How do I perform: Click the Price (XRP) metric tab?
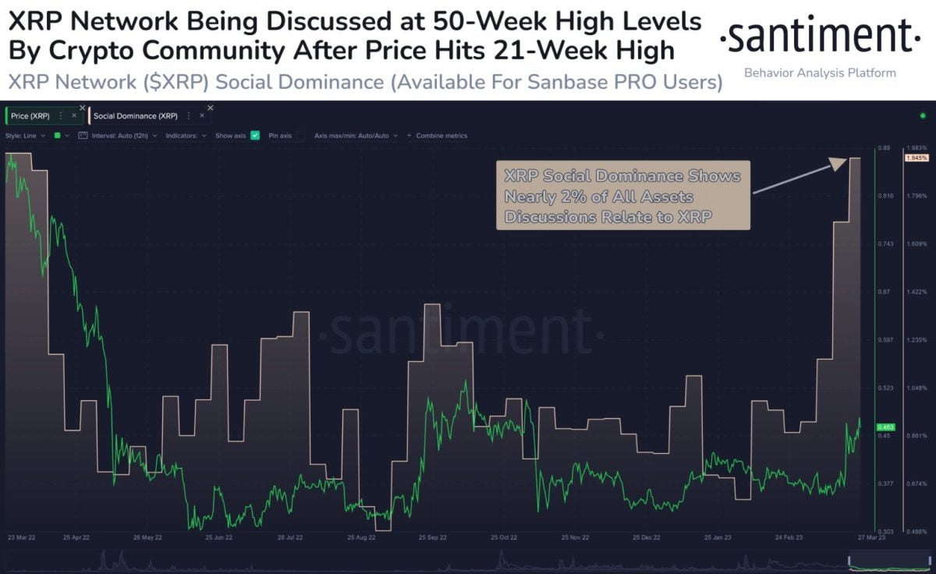31,115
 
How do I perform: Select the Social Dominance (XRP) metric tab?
134,115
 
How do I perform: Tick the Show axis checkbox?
254,136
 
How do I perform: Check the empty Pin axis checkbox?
300,136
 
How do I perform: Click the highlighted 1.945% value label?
916,158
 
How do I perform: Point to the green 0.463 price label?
885,427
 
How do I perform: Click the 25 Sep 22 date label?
432,538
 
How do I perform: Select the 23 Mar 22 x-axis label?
22,538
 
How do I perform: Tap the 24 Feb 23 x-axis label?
789,538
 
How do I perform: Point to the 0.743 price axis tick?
885,244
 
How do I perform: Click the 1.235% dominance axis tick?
916,340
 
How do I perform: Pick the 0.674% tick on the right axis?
916,484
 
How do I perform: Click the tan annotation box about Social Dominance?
622,195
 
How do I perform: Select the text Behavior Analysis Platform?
820,73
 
